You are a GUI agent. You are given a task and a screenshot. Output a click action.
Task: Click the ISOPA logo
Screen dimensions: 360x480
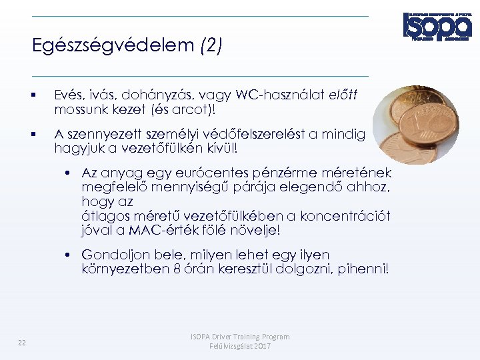click(437, 26)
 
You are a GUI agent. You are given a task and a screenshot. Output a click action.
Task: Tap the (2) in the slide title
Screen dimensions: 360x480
click(211, 46)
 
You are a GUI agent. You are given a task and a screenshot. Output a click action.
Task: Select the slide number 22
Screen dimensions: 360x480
click(22, 343)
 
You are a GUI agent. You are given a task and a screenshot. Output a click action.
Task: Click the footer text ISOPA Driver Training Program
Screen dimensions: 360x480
click(240, 337)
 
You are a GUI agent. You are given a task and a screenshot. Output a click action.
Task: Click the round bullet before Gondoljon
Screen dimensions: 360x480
click(69, 255)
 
